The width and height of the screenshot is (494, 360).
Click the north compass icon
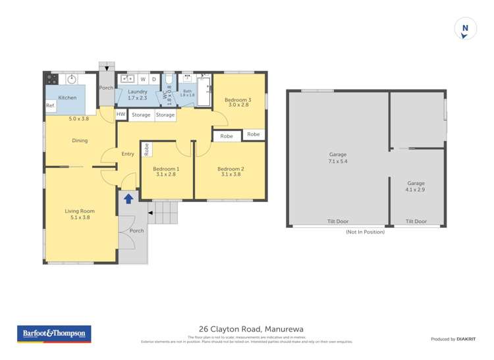coord(465,29)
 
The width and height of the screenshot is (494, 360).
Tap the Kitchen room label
coord(67,97)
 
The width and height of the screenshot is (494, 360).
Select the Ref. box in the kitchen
coord(50,106)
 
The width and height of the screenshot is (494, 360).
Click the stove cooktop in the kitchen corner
coord(52,80)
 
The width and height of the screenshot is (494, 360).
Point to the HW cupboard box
coord(121,115)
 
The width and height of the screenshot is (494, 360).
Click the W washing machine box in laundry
coord(142,80)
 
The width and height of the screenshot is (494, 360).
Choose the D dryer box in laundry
coord(153,80)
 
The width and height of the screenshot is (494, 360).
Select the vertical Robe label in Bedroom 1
coord(147,149)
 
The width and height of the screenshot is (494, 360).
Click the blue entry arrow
coord(128,198)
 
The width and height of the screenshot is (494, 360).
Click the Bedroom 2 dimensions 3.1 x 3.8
coord(231,175)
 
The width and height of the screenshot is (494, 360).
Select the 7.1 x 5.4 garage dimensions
coord(338,161)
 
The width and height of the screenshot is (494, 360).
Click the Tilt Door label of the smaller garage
coord(416,222)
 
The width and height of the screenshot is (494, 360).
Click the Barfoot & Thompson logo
coord(54,334)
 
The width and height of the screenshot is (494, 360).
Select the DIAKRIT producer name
coord(470,339)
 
